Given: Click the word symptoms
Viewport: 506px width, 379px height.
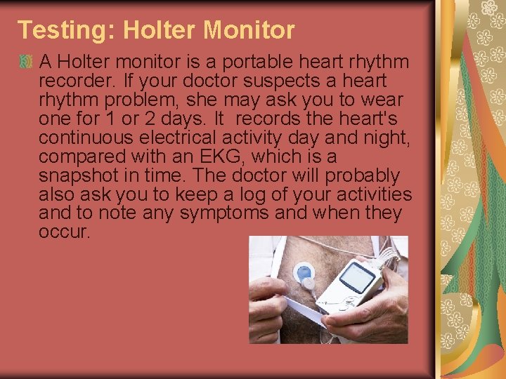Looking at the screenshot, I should click(x=223, y=213).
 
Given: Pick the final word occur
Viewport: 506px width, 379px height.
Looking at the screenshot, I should click(x=65, y=231).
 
